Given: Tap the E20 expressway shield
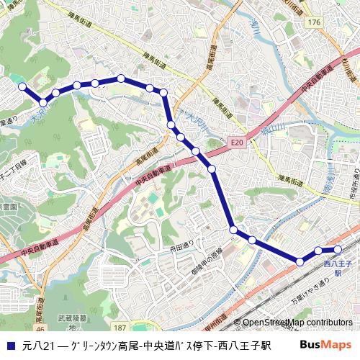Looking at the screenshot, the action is [238, 143].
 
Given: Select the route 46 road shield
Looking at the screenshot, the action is [40, 328].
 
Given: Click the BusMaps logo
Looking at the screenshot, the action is [326, 345].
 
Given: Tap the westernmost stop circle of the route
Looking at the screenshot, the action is [22, 86].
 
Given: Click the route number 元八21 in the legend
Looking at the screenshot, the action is [39, 346].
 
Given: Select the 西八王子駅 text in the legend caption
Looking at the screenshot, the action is [244, 346].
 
